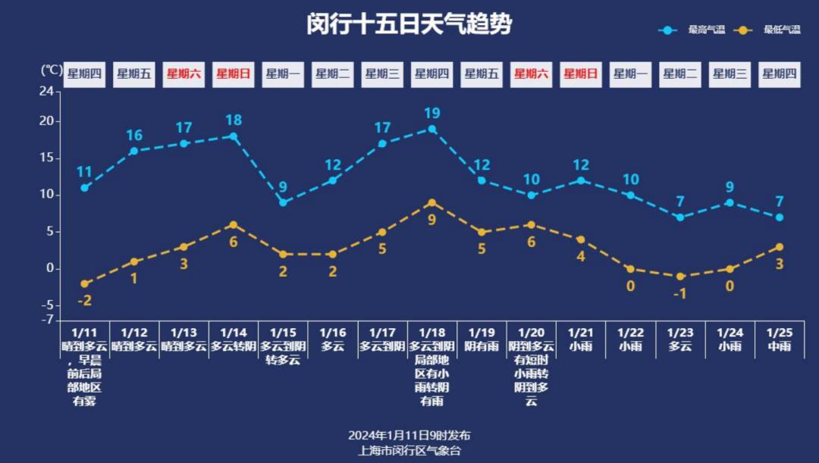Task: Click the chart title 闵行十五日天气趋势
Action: (x=409, y=24)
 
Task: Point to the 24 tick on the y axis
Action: (x=47, y=92)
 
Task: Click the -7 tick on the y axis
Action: (x=48, y=319)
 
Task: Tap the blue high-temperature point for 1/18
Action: (x=432, y=129)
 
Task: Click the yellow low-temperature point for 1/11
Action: (x=85, y=283)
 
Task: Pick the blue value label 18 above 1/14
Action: (x=234, y=120)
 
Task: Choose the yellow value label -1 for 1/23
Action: (x=680, y=293)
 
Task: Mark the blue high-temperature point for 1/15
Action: (x=283, y=202)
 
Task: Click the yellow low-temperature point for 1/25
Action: (x=780, y=247)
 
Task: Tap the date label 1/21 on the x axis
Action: (x=581, y=333)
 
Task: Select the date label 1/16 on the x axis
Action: (x=332, y=333)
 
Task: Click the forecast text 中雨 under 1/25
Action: (x=780, y=346)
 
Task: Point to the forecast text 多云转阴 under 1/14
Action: (x=234, y=346)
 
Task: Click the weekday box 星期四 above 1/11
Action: (x=84, y=74)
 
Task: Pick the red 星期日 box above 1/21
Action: (x=581, y=74)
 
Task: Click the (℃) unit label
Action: (x=51, y=70)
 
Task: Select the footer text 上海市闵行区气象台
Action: (x=409, y=450)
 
